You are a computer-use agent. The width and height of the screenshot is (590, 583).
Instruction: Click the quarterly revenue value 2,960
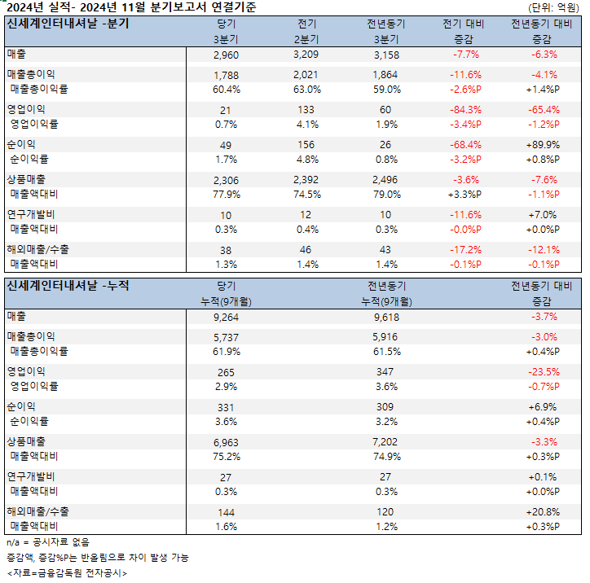click(x=226, y=55)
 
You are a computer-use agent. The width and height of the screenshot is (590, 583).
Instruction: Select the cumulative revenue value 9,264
click(x=226, y=317)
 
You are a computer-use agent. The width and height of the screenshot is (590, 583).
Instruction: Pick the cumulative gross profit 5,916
click(x=386, y=337)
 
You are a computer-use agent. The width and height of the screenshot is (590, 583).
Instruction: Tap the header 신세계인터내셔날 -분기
click(x=68, y=24)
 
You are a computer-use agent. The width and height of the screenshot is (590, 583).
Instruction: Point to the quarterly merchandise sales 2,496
click(x=386, y=180)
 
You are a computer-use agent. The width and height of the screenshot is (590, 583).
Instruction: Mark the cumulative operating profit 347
click(x=386, y=372)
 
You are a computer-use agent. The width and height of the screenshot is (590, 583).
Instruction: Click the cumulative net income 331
click(x=226, y=407)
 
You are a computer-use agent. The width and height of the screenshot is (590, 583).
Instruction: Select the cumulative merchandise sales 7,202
click(x=386, y=442)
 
